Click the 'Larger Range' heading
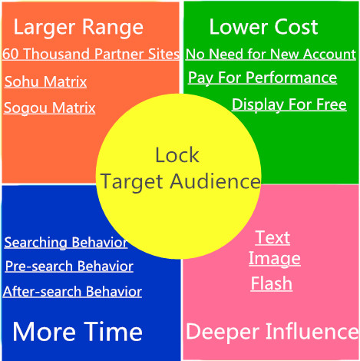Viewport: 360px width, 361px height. point(78,28)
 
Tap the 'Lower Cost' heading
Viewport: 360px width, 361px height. point(263,27)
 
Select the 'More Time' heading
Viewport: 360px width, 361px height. point(78,332)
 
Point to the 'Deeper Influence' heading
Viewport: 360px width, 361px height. point(272,332)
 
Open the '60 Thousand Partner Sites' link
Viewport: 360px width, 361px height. point(91,54)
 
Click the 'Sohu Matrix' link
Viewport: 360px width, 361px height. point(45,81)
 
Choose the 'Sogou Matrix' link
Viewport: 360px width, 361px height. point(49,108)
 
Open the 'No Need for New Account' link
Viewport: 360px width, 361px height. point(271,54)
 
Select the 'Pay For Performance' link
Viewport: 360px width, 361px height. point(263,78)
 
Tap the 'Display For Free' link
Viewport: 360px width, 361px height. point(289,104)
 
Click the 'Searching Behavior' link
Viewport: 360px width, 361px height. point(66,242)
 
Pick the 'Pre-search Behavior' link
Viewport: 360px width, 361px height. point(69,267)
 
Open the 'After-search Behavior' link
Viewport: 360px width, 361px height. point(72,291)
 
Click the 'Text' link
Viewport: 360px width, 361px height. point(272,237)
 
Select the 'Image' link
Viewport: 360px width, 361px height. point(275,259)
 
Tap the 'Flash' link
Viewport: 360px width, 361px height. point(272,283)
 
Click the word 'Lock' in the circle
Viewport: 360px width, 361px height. point(177,155)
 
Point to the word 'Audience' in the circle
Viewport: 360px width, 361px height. point(216,181)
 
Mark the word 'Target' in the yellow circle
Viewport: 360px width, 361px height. point(132,182)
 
